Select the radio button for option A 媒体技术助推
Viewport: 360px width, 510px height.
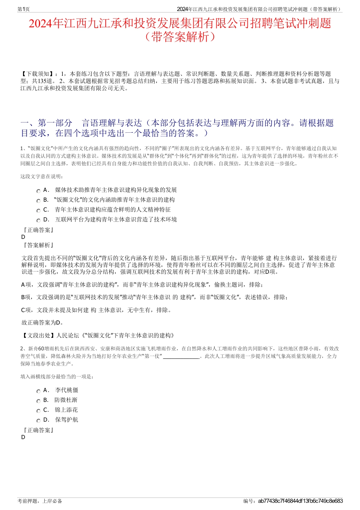coord(38,191)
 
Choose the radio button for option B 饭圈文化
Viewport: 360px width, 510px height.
coord(38,201)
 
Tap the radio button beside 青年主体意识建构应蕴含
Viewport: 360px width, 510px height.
coord(38,211)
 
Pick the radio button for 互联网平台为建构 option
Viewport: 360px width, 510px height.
coord(38,221)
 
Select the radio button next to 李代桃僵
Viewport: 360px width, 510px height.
coord(38,391)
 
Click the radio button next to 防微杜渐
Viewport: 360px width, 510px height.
coord(38,401)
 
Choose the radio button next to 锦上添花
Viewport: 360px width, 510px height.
coord(38,411)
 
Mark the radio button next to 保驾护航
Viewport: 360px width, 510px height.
coord(38,421)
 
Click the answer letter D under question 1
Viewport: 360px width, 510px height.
coord(23,237)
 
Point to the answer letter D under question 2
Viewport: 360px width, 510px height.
coord(23,437)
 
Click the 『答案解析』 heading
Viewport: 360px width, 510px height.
coord(38,245)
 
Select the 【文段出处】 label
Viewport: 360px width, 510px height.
coord(38,336)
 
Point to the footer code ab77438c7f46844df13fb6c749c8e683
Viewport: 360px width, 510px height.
coord(300,501)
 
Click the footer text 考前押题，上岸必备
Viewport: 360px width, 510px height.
coord(40,501)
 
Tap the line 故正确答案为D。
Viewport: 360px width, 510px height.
coord(42,323)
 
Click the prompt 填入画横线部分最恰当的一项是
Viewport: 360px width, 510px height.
coord(57,377)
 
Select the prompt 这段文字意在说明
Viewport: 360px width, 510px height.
coord(42,176)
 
